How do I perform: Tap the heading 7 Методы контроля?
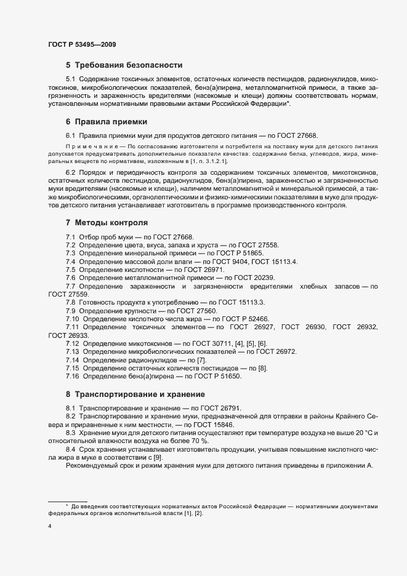click(x=107, y=222)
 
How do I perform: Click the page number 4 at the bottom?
click(x=49, y=527)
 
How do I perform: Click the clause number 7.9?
click(x=71, y=310)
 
